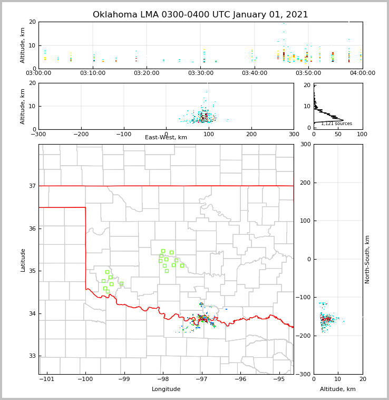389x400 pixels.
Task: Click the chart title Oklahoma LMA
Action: [200, 15]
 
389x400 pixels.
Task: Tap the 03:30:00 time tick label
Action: [201, 73]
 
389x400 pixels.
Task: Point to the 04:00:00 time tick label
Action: [363, 73]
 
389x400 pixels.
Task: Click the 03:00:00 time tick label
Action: [39, 73]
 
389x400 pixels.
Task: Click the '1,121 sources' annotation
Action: [336, 123]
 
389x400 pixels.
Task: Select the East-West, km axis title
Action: [166, 138]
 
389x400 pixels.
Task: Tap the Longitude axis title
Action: [166, 389]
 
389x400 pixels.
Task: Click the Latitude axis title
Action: [23, 260]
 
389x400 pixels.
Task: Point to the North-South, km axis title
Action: [367, 259]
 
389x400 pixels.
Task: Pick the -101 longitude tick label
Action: [46, 379]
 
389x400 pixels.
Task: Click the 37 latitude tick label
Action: [32, 186]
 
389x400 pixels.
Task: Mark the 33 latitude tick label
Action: [32, 356]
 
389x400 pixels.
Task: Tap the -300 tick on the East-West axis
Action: [38, 134]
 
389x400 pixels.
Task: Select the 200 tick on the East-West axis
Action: [251, 134]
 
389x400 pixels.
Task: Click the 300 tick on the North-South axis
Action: [305, 145]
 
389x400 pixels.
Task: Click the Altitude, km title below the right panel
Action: [338, 389]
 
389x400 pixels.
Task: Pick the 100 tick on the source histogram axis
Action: [363, 134]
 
